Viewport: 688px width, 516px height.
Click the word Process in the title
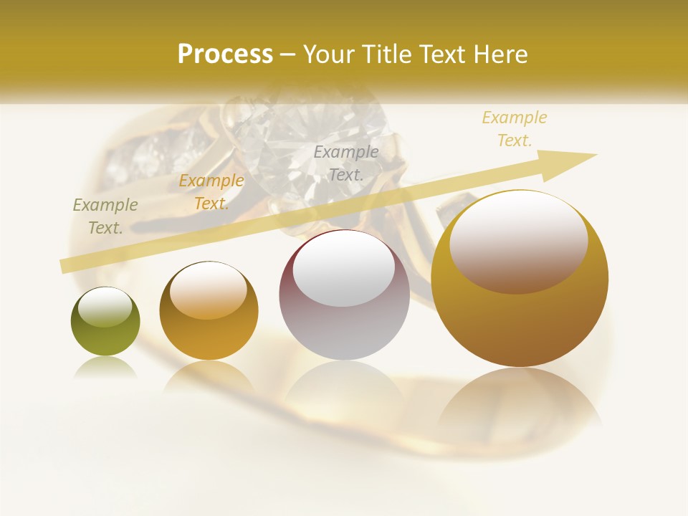[x=225, y=54]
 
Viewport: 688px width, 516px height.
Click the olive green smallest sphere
[x=105, y=322]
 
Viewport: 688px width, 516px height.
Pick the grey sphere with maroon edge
[x=344, y=295]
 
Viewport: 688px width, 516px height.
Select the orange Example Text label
[x=211, y=192]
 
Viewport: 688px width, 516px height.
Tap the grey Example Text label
[x=346, y=163]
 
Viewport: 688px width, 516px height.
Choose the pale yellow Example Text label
[x=514, y=129]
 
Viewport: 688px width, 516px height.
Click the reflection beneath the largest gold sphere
[x=520, y=401]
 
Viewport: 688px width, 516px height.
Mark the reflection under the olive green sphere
[x=105, y=368]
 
